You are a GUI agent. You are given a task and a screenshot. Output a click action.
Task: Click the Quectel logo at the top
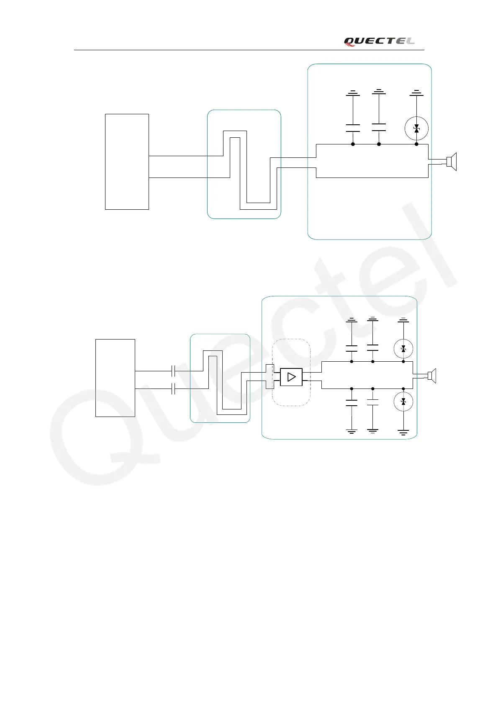point(379,41)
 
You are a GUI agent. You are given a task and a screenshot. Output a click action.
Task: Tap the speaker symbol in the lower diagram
point(432,376)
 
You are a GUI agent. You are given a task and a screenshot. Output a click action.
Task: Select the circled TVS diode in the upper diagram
point(416,129)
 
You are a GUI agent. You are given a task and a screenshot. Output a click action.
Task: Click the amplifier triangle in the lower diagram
point(291,377)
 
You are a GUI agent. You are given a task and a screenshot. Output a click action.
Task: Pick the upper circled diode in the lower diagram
point(403,348)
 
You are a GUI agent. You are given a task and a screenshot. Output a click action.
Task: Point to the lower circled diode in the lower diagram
point(403,402)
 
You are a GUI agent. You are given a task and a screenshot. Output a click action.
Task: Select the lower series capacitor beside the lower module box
point(173,389)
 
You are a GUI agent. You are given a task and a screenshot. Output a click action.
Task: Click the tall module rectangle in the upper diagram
point(127,162)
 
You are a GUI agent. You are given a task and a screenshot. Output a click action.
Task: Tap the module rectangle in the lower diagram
point(115,378)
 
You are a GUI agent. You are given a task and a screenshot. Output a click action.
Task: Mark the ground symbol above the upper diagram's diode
point(416,93)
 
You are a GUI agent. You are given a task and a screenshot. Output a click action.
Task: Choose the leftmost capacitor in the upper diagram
point(353,128)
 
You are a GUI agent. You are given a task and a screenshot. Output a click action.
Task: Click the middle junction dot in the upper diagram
point(379,144)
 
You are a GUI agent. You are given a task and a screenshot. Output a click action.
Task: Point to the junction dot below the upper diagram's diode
point(416,144)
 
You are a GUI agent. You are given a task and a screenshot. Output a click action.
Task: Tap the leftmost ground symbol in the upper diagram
point(353,93)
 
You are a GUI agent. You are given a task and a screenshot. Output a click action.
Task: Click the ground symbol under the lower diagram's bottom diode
point(403,432)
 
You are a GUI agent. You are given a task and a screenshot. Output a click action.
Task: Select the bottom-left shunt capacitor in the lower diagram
point(352,403)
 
